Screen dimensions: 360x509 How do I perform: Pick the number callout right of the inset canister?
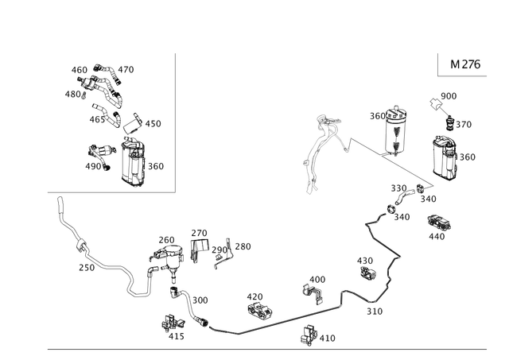click(x=156, y=166)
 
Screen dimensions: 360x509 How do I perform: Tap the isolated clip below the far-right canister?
click(x=437, y=226)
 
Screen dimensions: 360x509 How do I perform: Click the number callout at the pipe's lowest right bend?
click(x=369, y=312)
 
